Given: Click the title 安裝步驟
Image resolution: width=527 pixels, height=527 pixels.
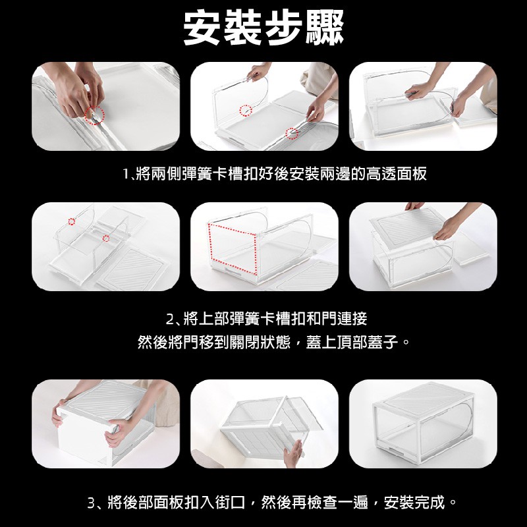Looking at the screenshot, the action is (263, 28).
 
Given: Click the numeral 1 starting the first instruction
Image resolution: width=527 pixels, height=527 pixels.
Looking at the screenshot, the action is (125, 174).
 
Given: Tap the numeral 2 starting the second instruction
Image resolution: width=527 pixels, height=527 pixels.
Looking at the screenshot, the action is (170, 319).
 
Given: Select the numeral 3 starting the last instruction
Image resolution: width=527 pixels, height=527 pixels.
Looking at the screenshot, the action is (91, 503).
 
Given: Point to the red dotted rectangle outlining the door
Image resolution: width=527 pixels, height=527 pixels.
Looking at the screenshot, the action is (233, 247).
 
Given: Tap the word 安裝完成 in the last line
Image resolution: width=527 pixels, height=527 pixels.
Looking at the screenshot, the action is (414, 503).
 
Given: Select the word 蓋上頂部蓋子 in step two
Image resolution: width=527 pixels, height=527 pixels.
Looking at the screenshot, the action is (352, 343).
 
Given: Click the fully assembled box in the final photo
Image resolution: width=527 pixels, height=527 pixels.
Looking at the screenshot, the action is (423, 423).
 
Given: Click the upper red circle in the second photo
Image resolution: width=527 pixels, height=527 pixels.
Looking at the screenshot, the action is (246, 110).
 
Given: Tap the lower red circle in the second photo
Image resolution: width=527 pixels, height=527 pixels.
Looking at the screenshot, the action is (292, 134).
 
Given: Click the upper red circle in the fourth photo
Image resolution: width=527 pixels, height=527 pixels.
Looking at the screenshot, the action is (72, 221).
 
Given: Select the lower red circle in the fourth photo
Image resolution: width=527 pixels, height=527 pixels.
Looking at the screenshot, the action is (106, 238).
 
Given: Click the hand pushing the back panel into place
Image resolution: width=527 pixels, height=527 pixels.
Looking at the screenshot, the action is (292, 453).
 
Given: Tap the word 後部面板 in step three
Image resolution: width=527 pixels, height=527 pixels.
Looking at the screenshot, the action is (153, 503).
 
